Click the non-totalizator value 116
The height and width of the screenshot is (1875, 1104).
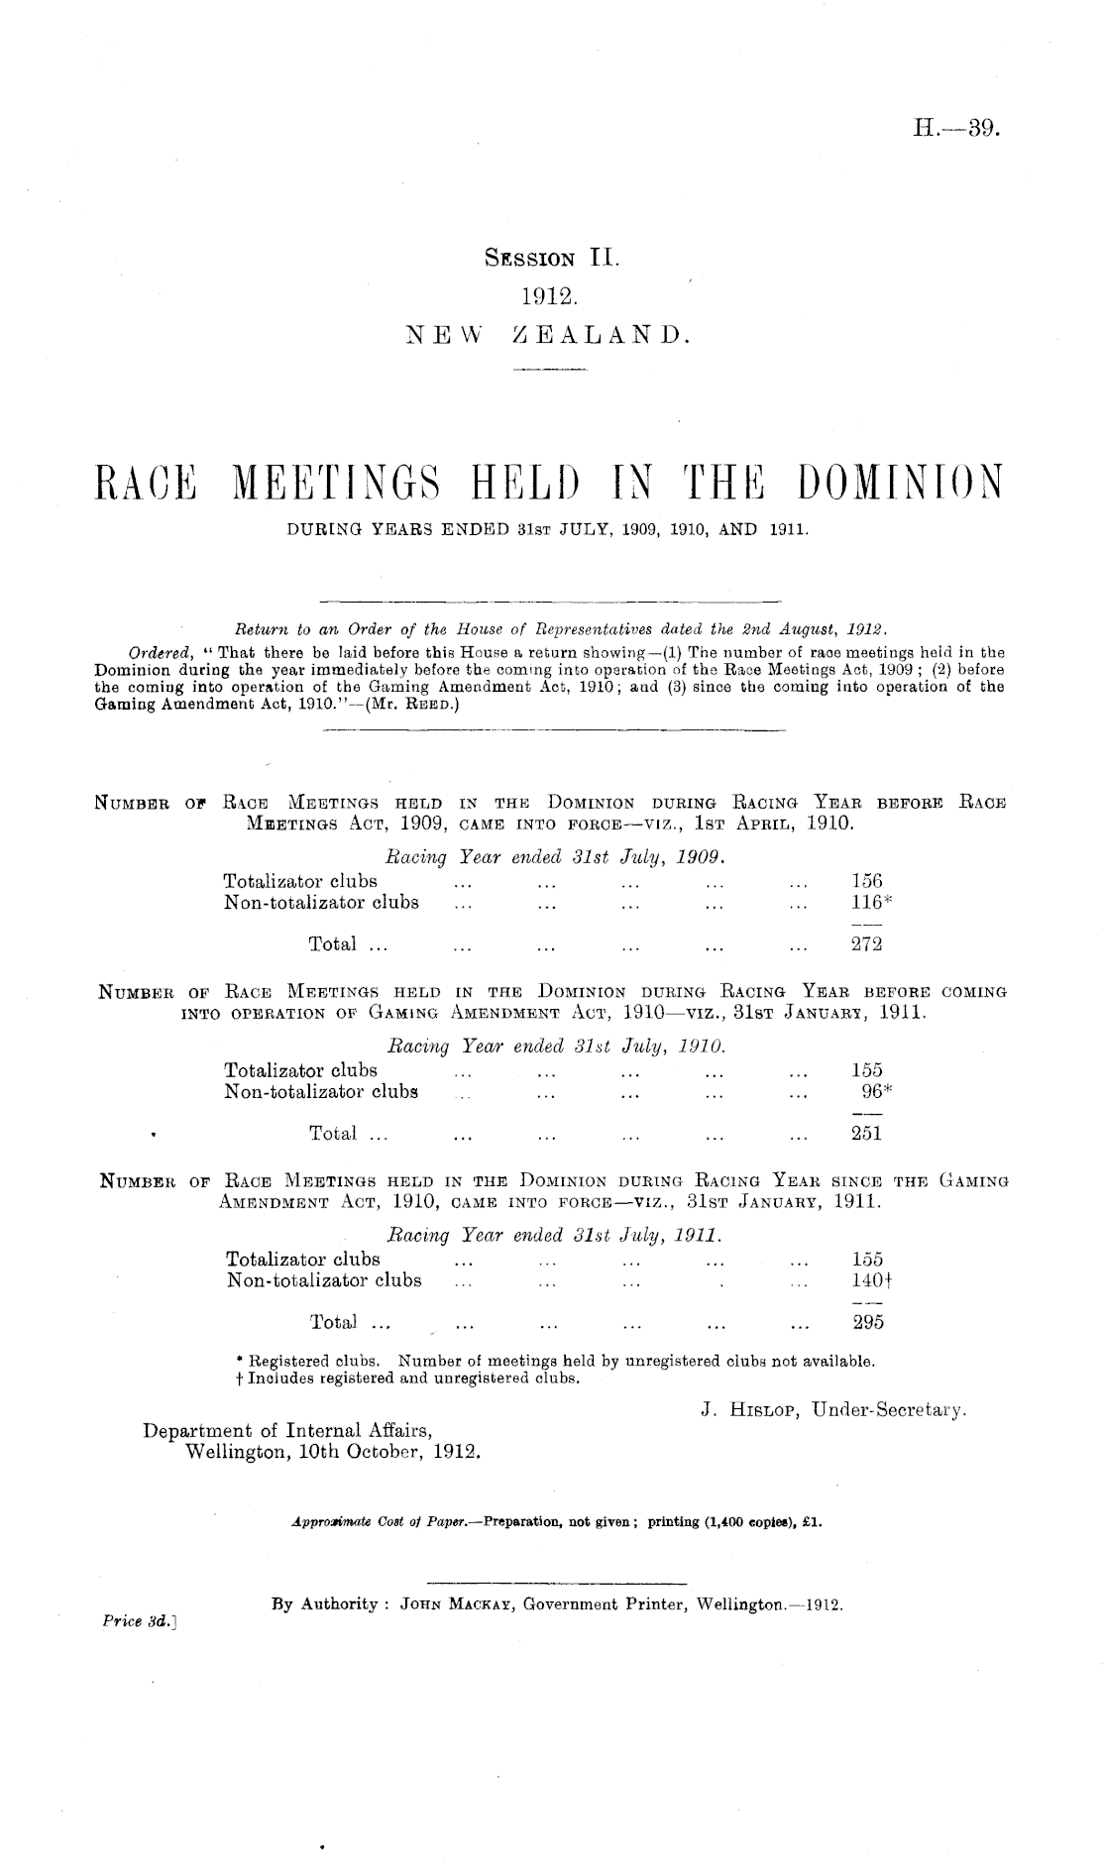867,903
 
